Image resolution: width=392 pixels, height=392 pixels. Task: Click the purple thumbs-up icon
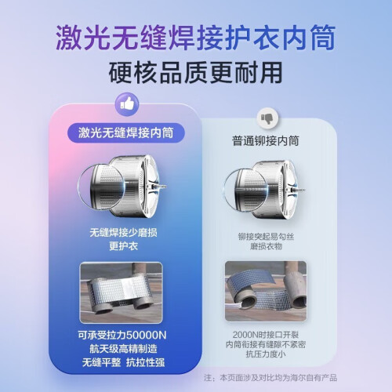click(x=127, y=105)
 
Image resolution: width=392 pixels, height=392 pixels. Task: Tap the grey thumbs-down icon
click(x=267, y=118)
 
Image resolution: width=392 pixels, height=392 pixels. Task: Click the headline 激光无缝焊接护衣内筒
click(x=196, y=38)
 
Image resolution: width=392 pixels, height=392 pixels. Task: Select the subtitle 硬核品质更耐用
click(x=195, y=72)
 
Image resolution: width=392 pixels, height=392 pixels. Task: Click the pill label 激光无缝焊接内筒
click(x=126, y=132)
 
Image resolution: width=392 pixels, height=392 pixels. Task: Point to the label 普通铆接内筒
click(x=266, y=141)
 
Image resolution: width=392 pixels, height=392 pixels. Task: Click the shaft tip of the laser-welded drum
click(x=165, y=187)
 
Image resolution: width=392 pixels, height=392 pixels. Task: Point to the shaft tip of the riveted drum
click(x=303, y=190)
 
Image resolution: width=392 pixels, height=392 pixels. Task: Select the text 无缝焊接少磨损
click(x=123, y=232)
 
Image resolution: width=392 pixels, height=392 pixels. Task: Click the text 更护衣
click(x=123, y=246)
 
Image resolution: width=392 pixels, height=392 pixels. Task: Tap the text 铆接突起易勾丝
click(x=266, y=237)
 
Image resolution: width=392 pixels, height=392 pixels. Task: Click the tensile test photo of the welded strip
click(x=121, y=292)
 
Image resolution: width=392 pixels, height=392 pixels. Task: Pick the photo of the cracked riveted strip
click(x=266, y=291)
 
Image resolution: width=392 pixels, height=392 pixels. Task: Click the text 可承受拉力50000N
click(x=122, y=335)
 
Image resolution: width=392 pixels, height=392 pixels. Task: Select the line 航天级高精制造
click(x=123, y=349)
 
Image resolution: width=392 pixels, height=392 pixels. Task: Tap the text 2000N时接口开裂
click(x=266, y=335)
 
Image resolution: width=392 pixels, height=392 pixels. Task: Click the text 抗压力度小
click(x=266, y=354)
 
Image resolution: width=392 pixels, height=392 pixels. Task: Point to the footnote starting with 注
click(x=270, y=378)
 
